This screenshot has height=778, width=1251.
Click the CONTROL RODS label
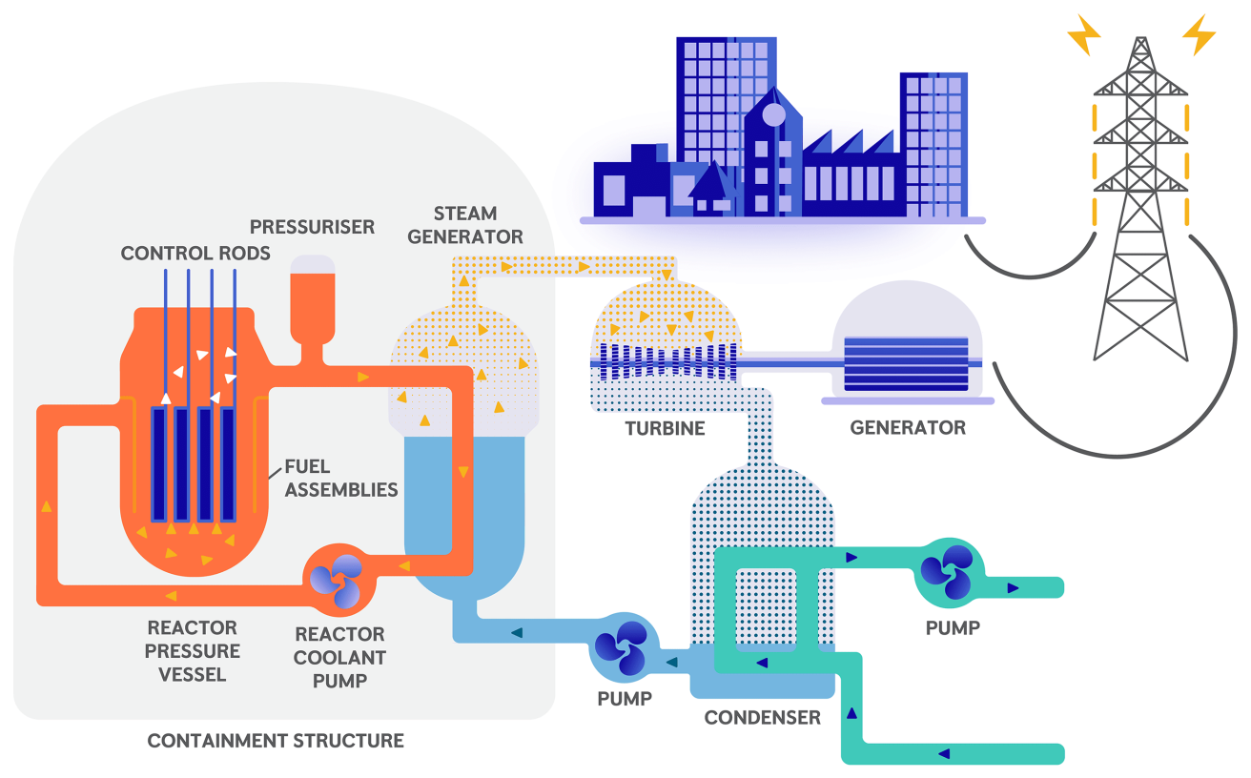(x=195, y=254)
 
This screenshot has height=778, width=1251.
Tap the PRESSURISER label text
(x=312, y=227)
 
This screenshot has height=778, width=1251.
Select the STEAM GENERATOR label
(x=465, y=225)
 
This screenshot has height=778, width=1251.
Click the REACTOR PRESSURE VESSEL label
(x=193, y=651)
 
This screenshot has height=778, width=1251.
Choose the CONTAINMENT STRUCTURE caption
(x=276, y=741)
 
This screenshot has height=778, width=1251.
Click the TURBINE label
(x=665, y=428)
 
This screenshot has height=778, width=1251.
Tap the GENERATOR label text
(x=907, y=428)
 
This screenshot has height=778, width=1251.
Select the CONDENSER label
(x=762, y=717)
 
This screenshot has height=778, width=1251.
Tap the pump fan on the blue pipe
(x=621, y=647)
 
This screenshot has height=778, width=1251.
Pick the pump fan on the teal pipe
(x=945, y=573)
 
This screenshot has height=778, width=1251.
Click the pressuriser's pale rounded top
(x=313, y=264)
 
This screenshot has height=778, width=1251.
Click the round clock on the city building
(x=773, y=115)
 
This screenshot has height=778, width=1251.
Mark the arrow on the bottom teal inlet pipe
(x=944, y=754)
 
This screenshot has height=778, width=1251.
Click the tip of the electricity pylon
(x=1140, y=40)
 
